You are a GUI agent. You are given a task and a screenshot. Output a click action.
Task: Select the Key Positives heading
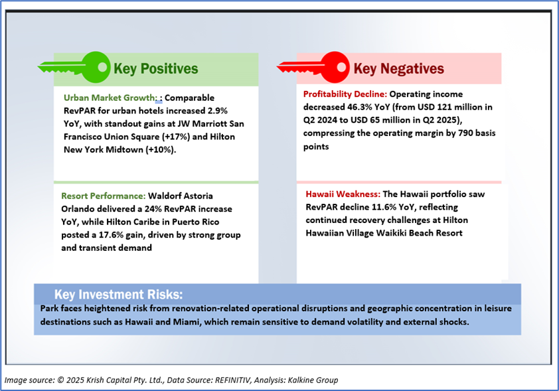click(x=155, y=68)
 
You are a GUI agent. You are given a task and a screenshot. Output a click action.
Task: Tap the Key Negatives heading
click(x=398, y=68)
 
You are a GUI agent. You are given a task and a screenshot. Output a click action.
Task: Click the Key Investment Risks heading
click(x=118, y=294)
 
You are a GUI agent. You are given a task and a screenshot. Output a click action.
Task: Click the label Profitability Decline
click(x=341, y=94)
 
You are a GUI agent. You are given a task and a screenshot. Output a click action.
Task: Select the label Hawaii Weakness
click(x=343, y=195)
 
